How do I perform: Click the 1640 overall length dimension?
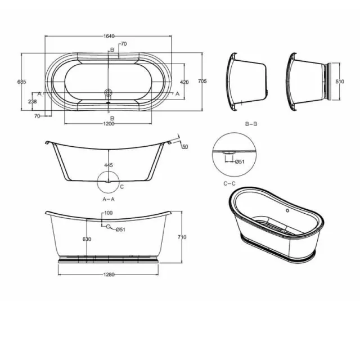[109, 36]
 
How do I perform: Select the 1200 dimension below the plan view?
[109, 124]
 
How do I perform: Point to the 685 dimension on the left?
[22, 82]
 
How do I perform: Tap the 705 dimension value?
[202, 82]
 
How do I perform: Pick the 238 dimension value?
[32, 102]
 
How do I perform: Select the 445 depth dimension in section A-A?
[109, 165]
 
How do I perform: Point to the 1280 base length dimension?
[109, 274]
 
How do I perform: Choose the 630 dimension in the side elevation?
[87, 239]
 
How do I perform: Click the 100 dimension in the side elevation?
[108, 213]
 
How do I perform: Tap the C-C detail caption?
[229, 183]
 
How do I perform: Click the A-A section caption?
[109, 199]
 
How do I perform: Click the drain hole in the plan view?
[109, 92]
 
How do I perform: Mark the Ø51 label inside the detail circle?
[239, 162]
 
